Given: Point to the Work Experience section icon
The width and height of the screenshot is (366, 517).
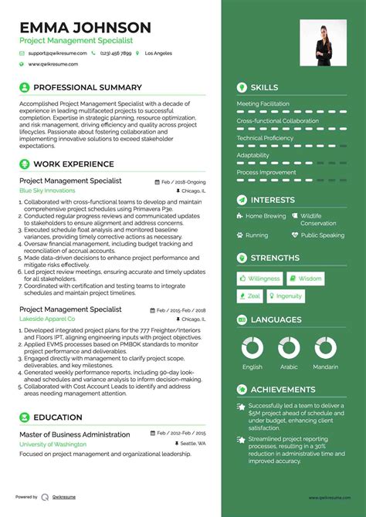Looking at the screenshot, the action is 24,164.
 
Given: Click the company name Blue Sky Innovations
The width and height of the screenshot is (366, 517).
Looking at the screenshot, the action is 47,191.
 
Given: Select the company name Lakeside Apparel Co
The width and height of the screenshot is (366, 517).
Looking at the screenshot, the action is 47,318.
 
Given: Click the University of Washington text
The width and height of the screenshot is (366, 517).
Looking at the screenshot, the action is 53,444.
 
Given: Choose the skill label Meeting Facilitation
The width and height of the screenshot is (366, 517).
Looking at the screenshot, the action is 263,103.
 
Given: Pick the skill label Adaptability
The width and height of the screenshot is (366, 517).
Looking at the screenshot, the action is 252,155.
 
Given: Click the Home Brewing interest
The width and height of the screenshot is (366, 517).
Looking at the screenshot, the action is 265,217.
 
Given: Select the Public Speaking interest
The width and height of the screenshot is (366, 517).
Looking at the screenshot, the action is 322,235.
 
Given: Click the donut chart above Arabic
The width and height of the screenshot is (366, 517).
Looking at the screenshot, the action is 289,348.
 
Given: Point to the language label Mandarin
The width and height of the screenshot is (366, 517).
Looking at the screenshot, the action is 325,367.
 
